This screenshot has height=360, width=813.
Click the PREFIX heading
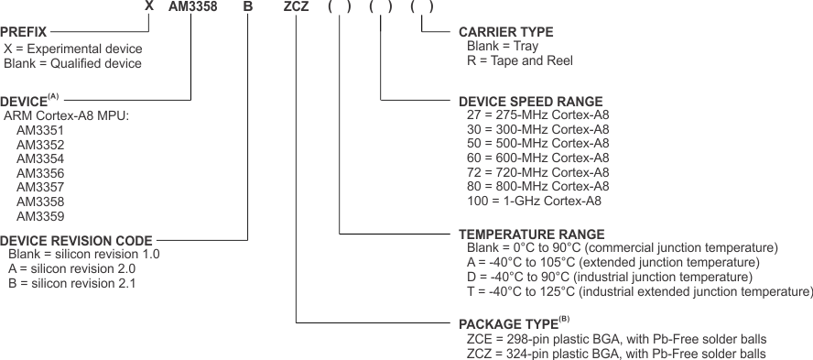click(x=24, y=31)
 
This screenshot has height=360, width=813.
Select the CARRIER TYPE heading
click(x=505, y=32)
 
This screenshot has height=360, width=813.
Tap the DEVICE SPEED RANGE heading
click(x=530, y=101)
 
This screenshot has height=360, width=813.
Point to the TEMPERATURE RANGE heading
click(x=531, y=235)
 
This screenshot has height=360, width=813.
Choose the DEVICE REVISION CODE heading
click(x=76, y=240)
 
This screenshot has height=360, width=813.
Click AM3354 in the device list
click(x=40, y=159)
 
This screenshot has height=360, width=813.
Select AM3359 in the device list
click(x=40, y=216)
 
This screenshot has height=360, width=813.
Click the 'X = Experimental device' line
click(x=73, y=49)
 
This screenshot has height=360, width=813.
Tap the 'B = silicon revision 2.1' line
click(x=72, y=283)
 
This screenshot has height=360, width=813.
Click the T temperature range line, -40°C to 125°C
click(x=639, y=291)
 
